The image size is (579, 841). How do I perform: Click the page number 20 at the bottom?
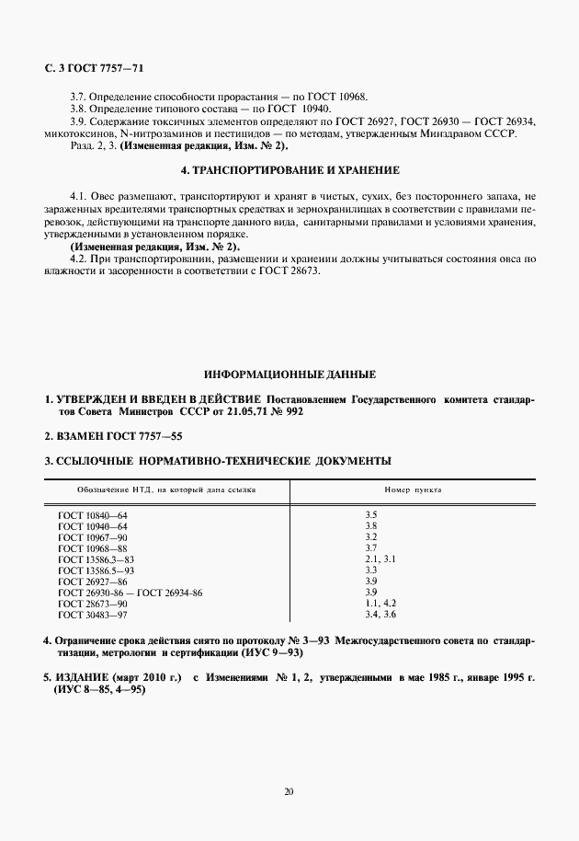click(x=289, y=790)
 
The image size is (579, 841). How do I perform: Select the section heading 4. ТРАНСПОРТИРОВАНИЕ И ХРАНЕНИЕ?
click(x=289, y=170)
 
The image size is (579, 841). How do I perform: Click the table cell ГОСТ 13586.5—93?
click(x=96, y=570)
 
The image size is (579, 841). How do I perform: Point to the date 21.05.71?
click(x=247, y=412)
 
